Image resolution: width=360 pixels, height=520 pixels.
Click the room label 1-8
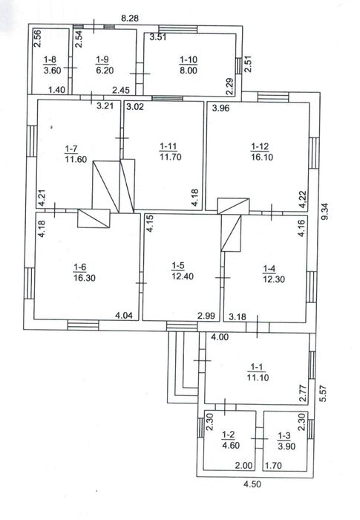50,59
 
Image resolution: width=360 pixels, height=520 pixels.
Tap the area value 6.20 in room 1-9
105,71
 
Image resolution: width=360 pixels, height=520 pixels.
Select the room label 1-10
189,59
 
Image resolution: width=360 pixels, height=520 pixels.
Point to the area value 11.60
76,159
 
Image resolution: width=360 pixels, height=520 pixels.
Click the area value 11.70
171,157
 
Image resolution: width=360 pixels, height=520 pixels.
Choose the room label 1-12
260,146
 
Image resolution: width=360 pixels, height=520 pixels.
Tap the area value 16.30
85,278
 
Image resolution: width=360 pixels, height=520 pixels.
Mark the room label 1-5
178,266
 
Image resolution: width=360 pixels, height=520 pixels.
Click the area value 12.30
274,279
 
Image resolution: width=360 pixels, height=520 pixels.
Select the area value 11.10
258,377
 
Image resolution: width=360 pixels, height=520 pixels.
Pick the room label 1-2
229,435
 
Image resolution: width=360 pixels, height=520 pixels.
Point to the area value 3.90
287,446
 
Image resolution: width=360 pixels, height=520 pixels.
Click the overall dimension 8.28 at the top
130,19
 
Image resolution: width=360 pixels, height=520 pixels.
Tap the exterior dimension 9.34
324,211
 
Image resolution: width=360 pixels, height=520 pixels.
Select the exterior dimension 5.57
323,393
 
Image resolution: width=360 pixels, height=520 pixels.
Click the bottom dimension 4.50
252,484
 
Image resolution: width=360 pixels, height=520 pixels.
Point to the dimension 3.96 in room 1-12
220,108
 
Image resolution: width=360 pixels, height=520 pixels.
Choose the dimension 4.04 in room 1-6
124,315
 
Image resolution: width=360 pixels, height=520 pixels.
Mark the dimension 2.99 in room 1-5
206,316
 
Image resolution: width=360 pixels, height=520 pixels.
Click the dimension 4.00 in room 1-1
220,337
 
